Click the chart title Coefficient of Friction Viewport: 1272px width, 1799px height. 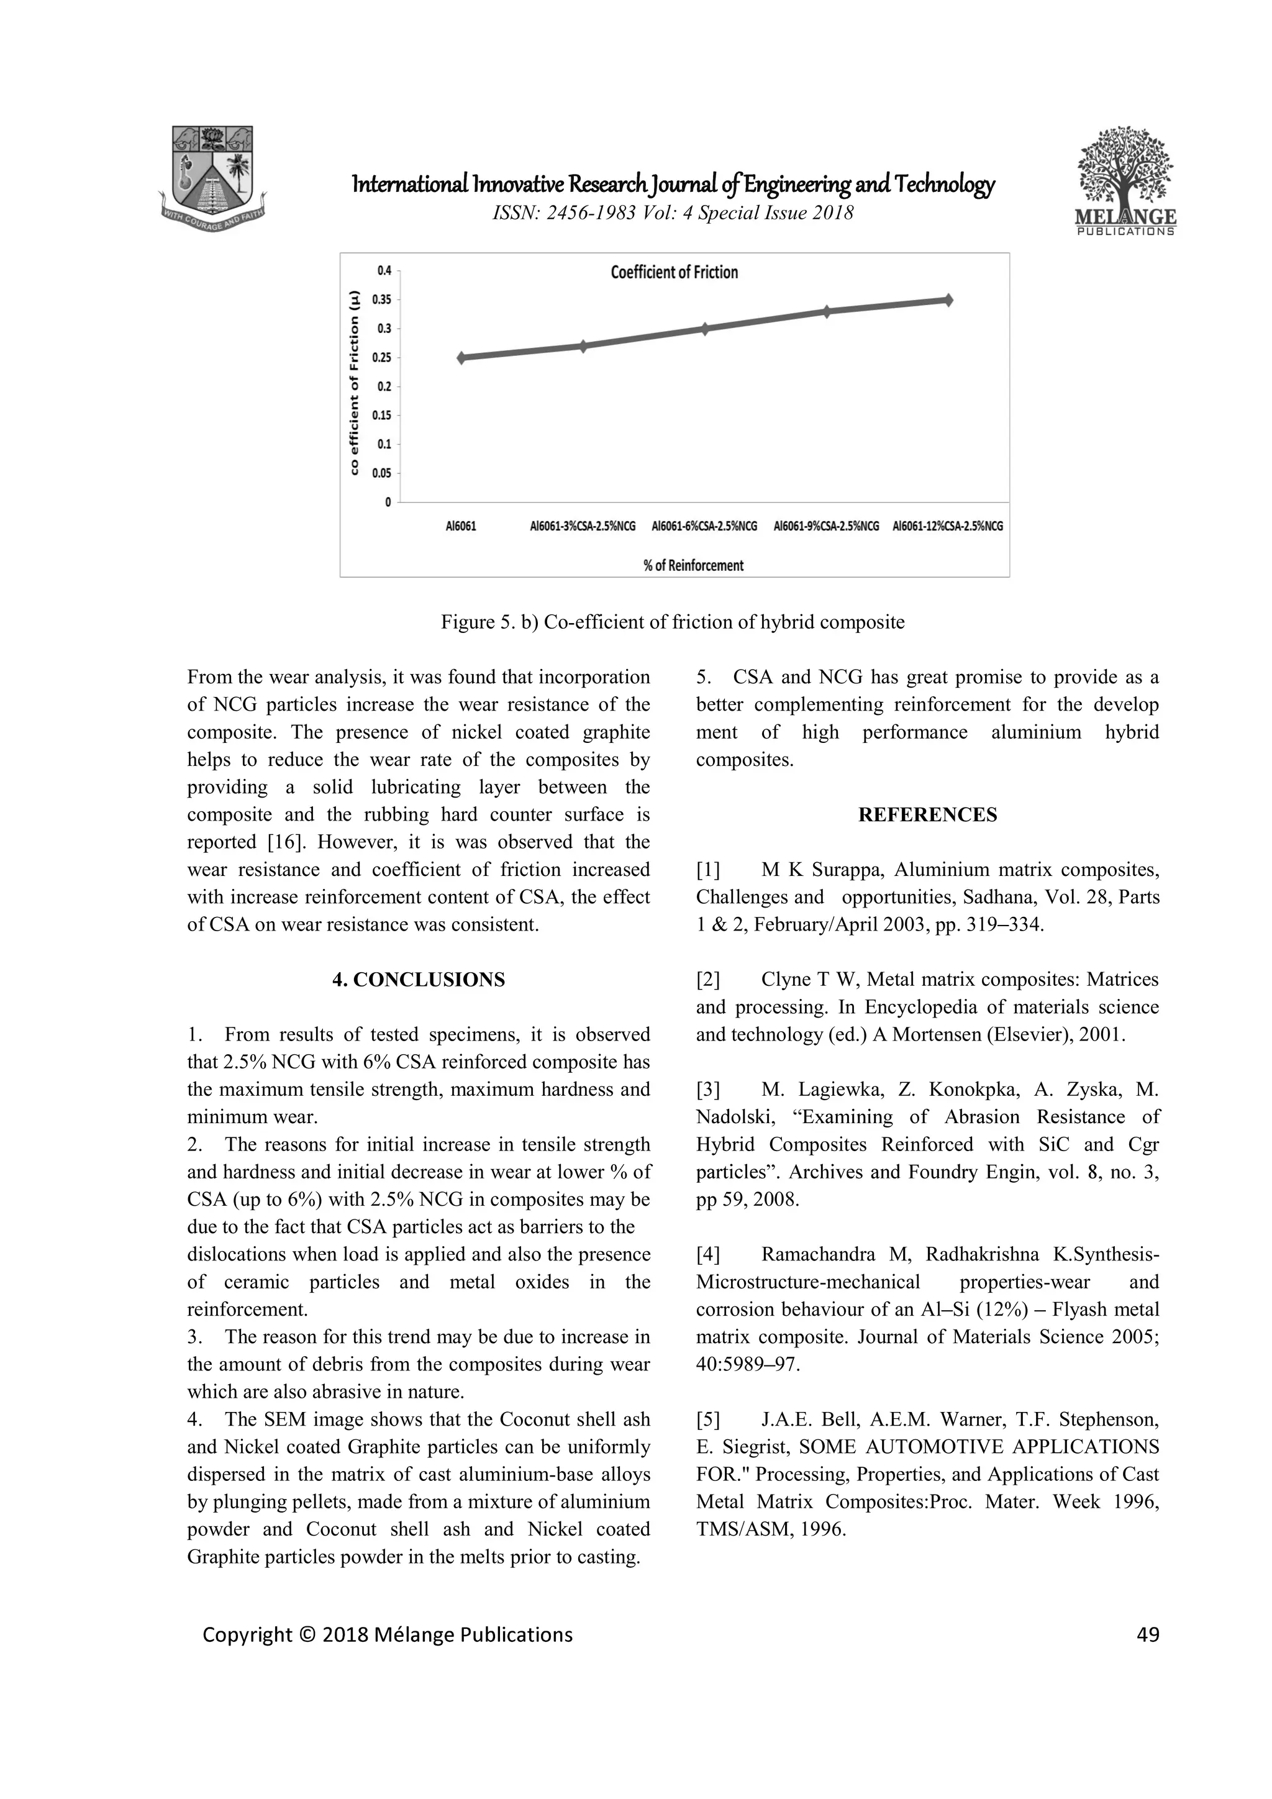[674, 272]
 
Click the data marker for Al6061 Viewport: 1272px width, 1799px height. [462, 357]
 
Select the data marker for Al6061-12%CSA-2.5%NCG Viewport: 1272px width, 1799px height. [948, 299]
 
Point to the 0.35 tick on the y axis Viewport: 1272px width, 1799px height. [381, 299]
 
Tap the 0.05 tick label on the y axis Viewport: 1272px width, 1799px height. [381, 473]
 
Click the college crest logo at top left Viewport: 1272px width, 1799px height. [213, 174]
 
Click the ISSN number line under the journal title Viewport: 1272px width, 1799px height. [673, 212]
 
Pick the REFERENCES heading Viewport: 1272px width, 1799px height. [927, 815]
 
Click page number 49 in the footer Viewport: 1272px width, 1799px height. [1147, 1634]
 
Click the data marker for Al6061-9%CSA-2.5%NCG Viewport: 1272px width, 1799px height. [826, 311]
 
